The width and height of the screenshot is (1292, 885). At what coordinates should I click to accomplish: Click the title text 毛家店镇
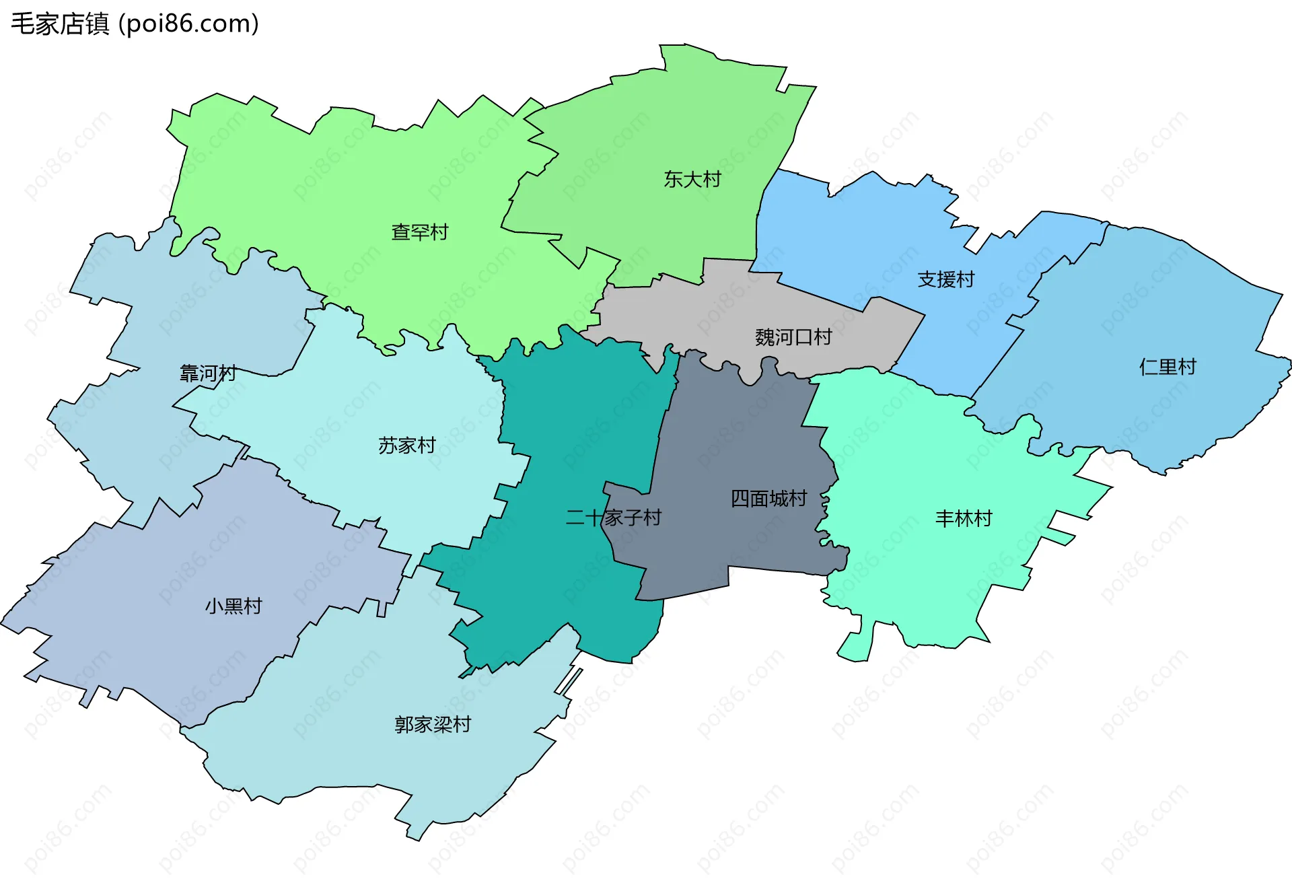pyautogui.click(x=60, y=24)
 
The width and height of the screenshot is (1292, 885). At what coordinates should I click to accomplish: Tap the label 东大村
pyautogui.click(x=692, y=179)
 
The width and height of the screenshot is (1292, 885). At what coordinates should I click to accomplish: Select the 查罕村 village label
pyautogui.click(x=420, y=232)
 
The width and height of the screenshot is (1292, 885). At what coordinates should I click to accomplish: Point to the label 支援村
pyautogui.click(x=945, y=279)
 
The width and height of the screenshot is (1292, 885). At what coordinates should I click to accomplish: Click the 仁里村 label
pyautogui.click(x=1168, y=367)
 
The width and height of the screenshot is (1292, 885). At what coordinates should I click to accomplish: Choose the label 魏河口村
pyautogui.click(x=793, y=337)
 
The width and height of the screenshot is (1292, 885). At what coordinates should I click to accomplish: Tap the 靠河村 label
pyautogui.click(x=208, y=374)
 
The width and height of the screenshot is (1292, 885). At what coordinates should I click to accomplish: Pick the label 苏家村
pyautogui.click(x=406, y=446)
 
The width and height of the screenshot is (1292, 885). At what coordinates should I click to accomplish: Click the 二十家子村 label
pyautogui.click(x=613, y=518)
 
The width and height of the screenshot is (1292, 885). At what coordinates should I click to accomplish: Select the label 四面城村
pyautogui.click(x=768, y=499)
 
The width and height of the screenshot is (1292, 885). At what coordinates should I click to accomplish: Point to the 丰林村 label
pyautogui.click(x=964, y=519)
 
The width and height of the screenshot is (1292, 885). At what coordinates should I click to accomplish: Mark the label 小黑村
pyautogui.click(x=234, y=606)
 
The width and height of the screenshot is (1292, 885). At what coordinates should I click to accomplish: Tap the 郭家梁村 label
pyautogui.click(x=433, y=725)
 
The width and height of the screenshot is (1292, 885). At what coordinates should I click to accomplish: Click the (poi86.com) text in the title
pyautogui.click(x=189, y=24)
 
